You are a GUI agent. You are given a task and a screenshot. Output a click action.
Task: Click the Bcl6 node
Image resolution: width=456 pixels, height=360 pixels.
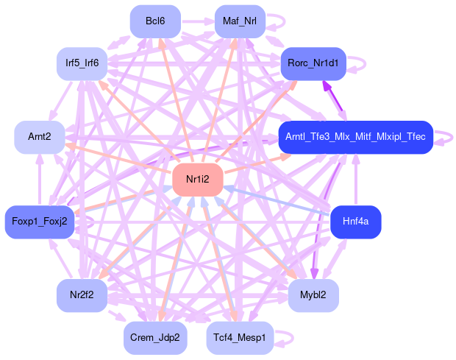(155, 21)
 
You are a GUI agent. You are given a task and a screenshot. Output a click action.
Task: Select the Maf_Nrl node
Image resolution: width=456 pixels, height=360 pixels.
(240, 21)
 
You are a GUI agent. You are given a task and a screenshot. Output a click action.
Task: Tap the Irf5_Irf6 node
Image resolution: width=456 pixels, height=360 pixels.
(82, 63)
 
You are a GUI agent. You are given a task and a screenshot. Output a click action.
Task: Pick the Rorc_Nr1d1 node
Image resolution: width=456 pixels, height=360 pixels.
(313, 63)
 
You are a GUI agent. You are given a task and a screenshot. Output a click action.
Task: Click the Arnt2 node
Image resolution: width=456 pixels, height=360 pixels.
(40, 137)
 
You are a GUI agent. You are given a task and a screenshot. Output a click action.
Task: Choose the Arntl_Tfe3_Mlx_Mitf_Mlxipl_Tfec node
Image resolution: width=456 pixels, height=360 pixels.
(355, 137)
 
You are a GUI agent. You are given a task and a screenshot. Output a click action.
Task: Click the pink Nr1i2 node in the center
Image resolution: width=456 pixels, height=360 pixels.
(197, 179)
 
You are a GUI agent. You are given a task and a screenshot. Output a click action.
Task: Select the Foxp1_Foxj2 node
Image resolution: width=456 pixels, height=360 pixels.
(40, 221)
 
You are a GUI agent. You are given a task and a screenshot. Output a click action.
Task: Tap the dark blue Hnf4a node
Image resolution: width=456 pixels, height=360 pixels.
(356, 221)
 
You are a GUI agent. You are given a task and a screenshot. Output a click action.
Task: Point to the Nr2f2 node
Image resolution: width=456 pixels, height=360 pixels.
(82, 294)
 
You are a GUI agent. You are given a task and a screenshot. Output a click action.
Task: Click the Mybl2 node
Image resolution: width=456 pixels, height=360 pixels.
(313, 294)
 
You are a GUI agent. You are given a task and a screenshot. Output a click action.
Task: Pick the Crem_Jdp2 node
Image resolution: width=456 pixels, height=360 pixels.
(155, 336)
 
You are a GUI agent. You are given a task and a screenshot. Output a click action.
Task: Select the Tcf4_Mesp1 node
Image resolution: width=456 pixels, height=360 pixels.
(240, 336)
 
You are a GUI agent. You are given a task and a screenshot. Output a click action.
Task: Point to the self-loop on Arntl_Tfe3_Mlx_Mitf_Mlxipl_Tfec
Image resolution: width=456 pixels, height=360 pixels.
(444, 137)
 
